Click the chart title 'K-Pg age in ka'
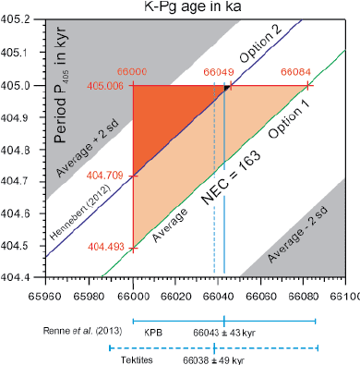pyautogui.click(x=194, y=6)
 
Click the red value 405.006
pyautogui.click(x=111, y=85)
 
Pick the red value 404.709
pyautogui.click(x=111, y=174)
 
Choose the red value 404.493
pyautogui.click(x=111, y=248)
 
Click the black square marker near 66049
pyautogui.click(x=226, y=89)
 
